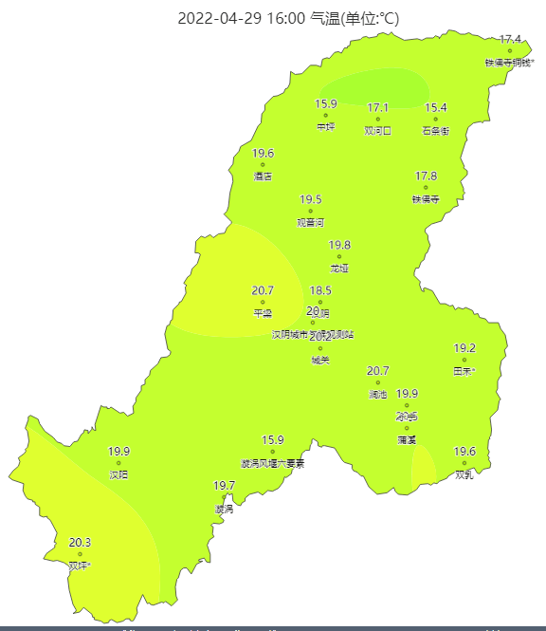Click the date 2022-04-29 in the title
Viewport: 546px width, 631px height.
pos(223,19)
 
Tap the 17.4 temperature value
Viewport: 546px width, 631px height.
pos(510,39)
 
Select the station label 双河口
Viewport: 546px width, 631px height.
pos(377,131)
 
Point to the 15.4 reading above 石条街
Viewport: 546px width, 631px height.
pos(436,108)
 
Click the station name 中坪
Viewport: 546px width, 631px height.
pos(326,127)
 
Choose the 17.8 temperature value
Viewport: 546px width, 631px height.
pos(427,176)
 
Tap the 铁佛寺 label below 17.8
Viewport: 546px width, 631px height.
pos(426,199)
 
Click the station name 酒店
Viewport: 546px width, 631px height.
pos(263,176)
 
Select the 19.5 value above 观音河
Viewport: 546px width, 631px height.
pos(311,199)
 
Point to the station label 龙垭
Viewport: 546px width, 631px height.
pos(339,269)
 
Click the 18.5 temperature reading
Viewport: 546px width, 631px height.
pos(320,290)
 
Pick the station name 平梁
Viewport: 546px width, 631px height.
pos(263,313)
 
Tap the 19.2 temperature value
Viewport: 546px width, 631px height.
pos(464,348)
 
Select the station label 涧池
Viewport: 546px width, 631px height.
pos(377,394)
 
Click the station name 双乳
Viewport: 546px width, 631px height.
pos(464,474)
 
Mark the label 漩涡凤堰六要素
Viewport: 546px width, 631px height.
pos(273,463)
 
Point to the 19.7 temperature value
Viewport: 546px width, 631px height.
pos(225,486)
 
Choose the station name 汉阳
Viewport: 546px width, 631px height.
pos(118,474)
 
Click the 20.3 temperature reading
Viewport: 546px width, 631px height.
pos(81,543)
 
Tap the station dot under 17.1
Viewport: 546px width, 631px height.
pos(377,119)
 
